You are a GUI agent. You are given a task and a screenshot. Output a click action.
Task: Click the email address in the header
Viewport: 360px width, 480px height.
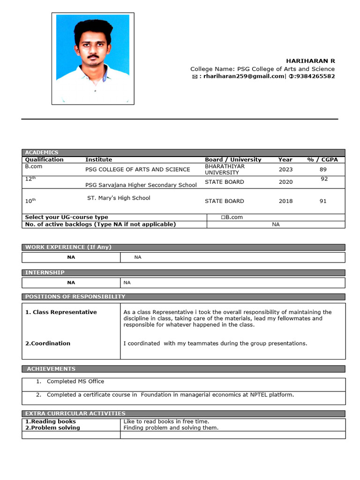click(x=242, y=76)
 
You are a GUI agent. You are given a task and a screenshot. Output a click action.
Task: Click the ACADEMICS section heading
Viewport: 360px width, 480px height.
click(x=42, y=152)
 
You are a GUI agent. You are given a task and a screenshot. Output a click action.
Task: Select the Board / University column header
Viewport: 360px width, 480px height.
click(x=233, y=159)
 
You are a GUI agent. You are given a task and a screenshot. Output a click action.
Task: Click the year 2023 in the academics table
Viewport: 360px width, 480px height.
click(x=285, y=170)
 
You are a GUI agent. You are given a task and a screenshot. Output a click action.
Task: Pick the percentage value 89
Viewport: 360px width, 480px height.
click(x=323, y=170)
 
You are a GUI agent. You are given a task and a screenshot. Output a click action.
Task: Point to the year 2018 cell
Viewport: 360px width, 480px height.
click(x=285, y=201)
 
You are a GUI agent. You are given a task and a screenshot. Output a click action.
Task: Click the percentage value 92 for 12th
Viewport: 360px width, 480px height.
click(x=324, y=179)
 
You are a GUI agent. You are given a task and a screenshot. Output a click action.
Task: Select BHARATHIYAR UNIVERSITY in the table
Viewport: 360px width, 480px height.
click(x=225, y=169)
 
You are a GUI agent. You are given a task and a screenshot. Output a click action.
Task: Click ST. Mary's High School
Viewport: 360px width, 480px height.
click(x=119, y=198)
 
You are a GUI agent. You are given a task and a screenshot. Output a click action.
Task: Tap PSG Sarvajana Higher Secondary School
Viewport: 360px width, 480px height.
click(x=141, y=185)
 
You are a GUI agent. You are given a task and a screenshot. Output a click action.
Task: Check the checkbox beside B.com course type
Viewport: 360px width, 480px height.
click(x=223, y=217)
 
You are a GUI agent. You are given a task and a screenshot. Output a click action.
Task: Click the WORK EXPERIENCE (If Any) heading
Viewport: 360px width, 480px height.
click(x=68, y=247)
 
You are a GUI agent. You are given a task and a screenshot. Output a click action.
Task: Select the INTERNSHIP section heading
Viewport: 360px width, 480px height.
click(x=45, y=272)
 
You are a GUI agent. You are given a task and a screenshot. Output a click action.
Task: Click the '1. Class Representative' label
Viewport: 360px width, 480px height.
click(x=61, y=312)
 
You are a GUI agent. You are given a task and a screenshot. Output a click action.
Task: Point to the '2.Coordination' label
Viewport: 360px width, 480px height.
click(x=48, y=343)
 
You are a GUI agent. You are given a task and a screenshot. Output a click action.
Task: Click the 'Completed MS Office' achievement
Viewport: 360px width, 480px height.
click(x=75, y=381)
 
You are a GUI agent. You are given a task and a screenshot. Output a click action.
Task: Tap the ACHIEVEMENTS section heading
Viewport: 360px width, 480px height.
click(x=51, y=369)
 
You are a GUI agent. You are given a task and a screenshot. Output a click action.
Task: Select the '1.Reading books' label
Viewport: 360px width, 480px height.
click(x=50, y=421)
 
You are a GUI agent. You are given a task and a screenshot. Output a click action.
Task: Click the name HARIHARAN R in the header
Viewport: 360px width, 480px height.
click(x=311, y=61)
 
